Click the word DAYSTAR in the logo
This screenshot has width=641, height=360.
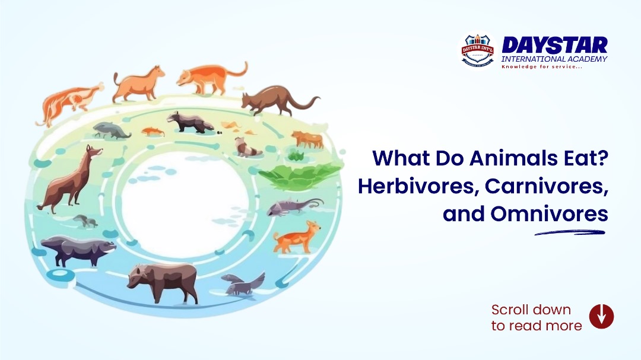click(554, 45)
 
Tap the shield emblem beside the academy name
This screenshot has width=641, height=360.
click(478, 50)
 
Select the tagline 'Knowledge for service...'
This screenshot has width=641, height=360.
click(542, 67)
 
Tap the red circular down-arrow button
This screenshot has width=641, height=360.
click(601, 316)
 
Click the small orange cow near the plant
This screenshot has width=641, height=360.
click(307, 139)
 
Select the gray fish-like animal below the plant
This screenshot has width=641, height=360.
click(290, 206)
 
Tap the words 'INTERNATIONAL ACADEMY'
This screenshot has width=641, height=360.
click(554, 59)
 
